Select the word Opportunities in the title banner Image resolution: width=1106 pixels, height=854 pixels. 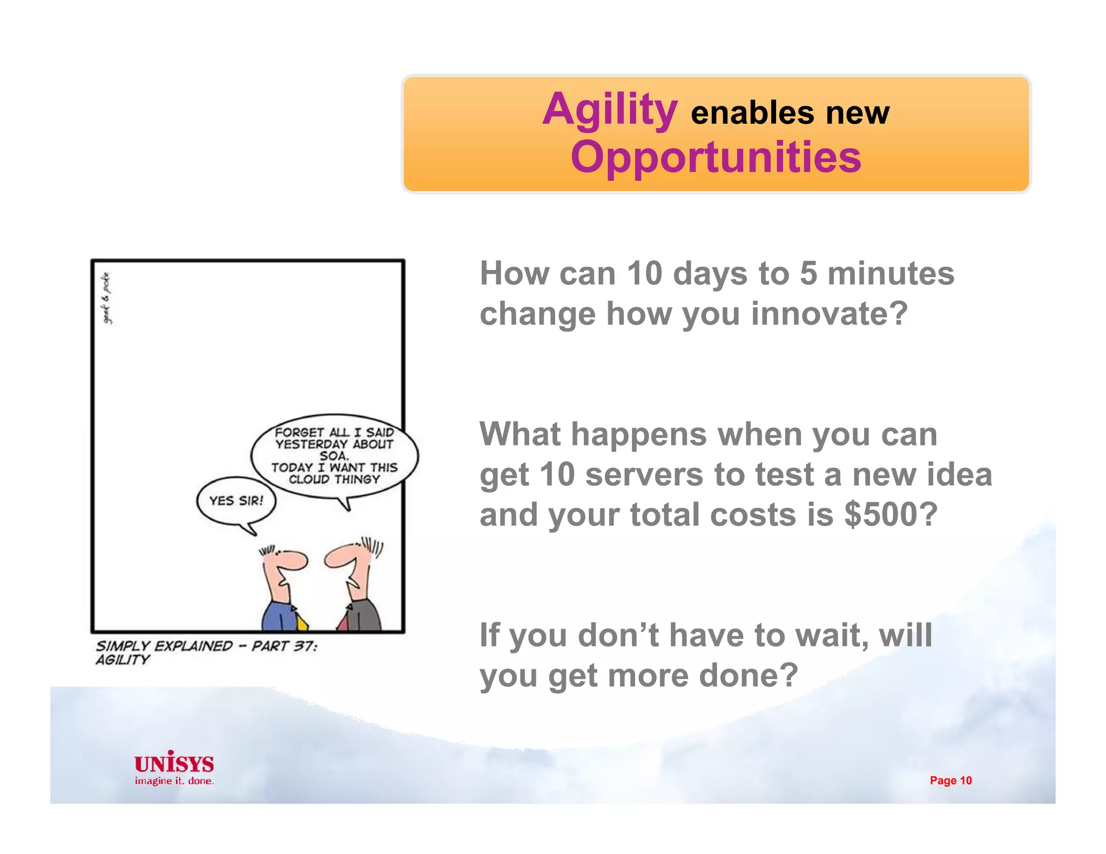[x=716, y=157]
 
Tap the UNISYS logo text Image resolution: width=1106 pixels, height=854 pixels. [x=174, y=763]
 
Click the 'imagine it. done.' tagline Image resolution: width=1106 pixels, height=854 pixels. [x=174, y=781]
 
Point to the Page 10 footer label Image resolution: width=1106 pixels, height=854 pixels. [x=950, y=780]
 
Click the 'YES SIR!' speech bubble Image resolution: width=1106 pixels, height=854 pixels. [x=236, y=500]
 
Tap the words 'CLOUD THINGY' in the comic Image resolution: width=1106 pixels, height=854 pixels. [x=334, y=479]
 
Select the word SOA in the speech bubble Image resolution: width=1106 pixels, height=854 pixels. [x=334, y=456]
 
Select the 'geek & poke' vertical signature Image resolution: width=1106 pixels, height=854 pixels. [x=107, y=298]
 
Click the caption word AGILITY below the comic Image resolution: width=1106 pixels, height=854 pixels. [x=123, y=660]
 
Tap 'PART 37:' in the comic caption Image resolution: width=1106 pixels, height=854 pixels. [x=285, y=646]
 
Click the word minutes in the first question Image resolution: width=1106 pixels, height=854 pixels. [x=891, y=273]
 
